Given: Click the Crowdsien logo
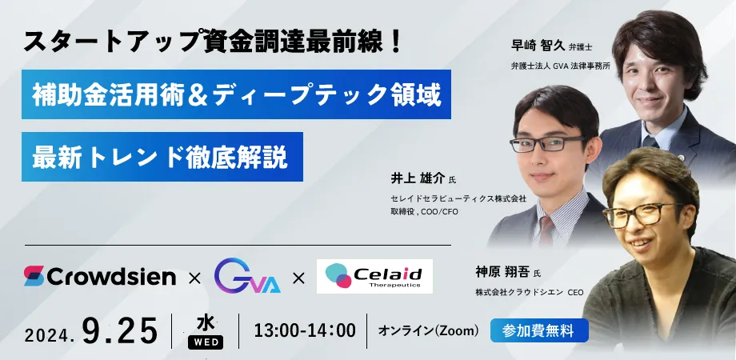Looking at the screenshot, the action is point(99,276).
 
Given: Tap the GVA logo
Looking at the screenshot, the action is point(247,276).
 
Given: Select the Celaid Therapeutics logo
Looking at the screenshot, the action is point(374,276).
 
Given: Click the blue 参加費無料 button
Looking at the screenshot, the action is point(539,330).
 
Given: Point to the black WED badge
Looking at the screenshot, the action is point(206,342).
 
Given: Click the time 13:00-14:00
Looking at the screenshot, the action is point(305,330).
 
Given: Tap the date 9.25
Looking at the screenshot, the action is point(120,330).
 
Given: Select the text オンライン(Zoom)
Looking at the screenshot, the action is point(429,331).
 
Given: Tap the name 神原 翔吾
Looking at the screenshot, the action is point(502,272).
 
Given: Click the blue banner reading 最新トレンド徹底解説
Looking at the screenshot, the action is point(162,157).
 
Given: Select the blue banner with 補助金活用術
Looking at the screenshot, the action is point(236,94).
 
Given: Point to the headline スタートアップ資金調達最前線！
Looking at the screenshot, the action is point(213,42).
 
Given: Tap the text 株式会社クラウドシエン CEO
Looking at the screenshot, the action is point(530,293).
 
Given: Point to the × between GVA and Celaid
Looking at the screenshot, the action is point(299,279).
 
